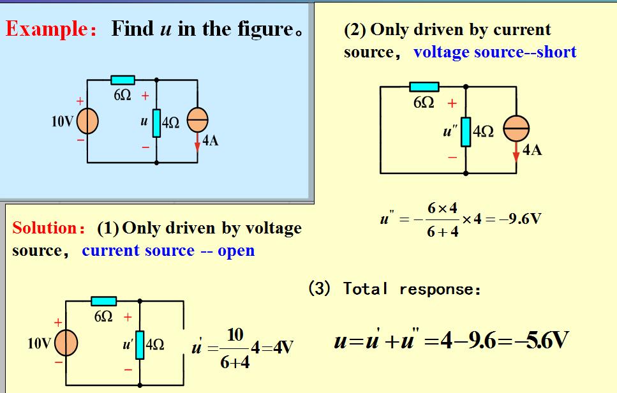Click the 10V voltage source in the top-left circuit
point(87,121)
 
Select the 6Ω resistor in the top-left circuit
point(123,80)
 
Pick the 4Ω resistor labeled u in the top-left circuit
point(156,121)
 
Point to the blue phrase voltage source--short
point(494,52)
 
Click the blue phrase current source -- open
point(168,251)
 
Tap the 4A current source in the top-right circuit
point(516,130)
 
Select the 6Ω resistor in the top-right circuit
point(424,87)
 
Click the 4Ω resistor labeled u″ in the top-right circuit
point(466,131)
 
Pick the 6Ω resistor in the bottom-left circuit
point(103,300)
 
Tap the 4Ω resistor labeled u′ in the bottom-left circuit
point(140,345)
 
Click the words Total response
point(412,289)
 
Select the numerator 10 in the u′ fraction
point(235,334)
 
